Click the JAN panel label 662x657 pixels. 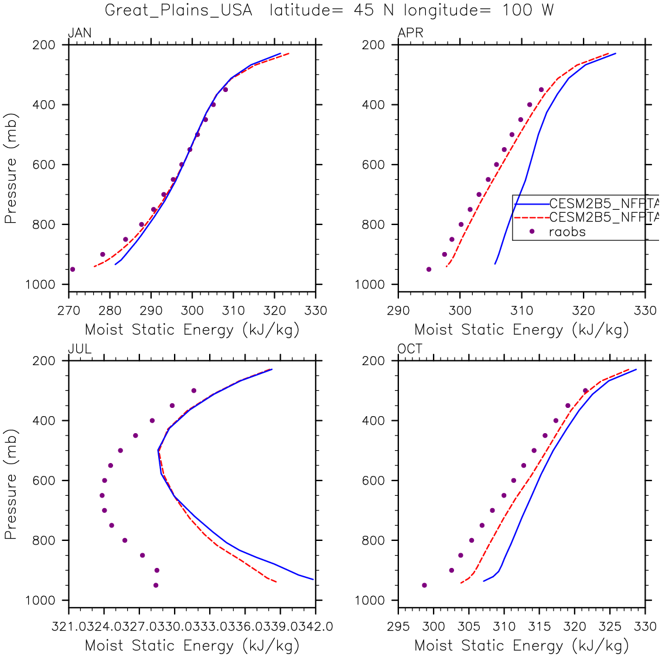[x=80, y=33]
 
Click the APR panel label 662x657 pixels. [x=410, y=33]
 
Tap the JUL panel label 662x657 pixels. [x=80, y=349]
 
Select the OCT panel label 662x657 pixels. [x=410, y=349]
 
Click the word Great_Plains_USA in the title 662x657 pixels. [x=179, y=11]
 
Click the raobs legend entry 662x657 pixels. [x=567, y=232]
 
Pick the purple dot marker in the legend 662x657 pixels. [x=532, y=232]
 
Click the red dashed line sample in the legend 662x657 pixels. [x=531, y=217]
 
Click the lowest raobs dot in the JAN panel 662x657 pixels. [x=73, y=270]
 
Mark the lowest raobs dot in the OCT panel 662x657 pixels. [x=424, y=585]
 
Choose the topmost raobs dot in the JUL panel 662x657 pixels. [x=194, y=390]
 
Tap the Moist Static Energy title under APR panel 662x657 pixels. [x=521, y=330]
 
